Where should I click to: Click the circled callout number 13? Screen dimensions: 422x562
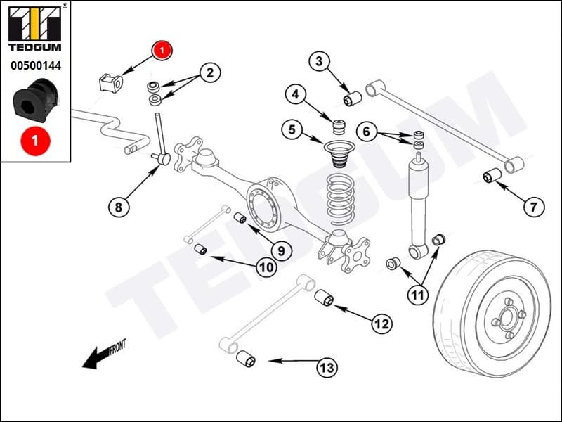tap(327, 366)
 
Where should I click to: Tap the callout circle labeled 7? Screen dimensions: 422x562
tap(533, 207)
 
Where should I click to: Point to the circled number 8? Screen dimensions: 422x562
tap(118, 207)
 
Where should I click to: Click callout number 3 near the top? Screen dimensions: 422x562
tap(319, 62)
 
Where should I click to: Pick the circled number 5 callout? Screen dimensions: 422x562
tap(292, 129)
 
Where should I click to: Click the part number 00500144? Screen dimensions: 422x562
tap(35, 66)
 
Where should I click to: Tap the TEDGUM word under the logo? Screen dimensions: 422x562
tap(35, 47)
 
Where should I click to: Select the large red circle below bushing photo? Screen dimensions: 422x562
tap(35, 141)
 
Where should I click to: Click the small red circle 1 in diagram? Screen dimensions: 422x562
tap(162, 50)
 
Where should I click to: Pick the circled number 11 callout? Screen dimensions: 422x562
tap(418, 295)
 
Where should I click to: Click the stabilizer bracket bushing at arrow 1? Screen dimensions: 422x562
tap(110, 82)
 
